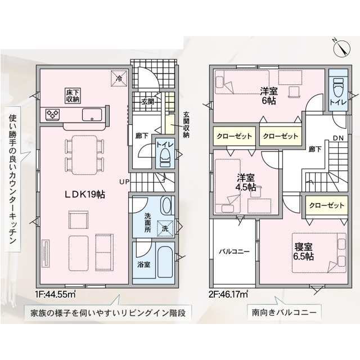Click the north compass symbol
(x=341, y=48)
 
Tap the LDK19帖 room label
(x=84, y=195)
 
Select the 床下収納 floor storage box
(x=73, y=96)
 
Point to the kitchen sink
(x=92, y=114)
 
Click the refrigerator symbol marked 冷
(x=119, y=78)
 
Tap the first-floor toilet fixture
(x=164, y=157)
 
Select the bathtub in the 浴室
(x=165, y=262)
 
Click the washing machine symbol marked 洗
(x=165, y=228)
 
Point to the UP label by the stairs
(x=124, y=182)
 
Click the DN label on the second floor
(x=338, y=138)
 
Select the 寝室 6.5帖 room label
(x=303, y=251)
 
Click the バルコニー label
(x=234, y=251)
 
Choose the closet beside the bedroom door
(x=326, y=205)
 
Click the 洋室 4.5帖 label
(x=246, y=182)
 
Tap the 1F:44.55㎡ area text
(x=55, y=294)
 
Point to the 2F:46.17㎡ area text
(x=228, y=294)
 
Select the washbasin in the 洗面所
(x=166, y=206)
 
